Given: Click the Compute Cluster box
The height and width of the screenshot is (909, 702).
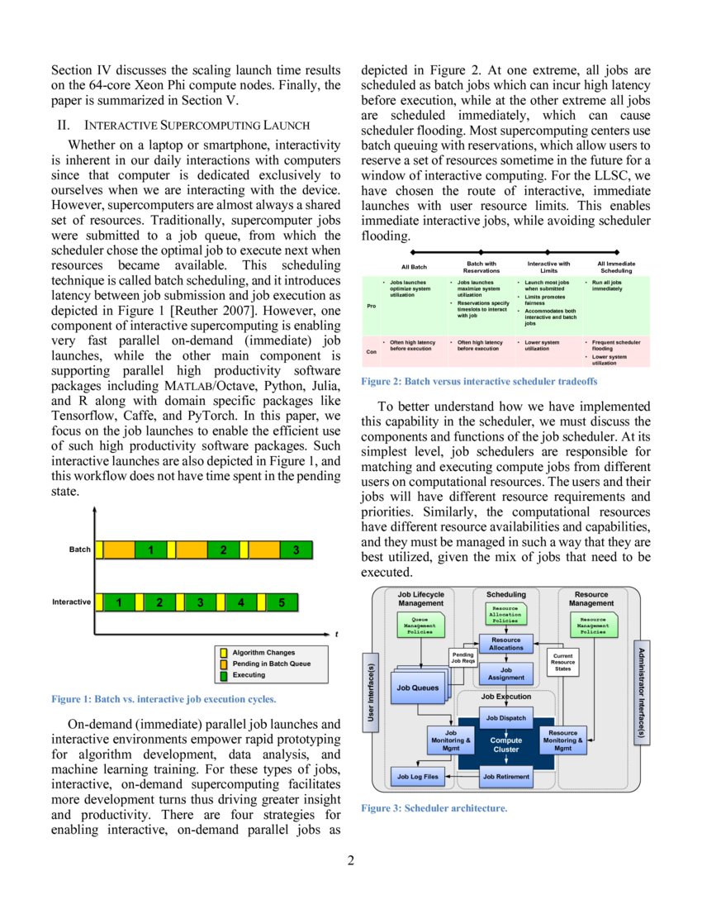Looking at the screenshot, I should click(505, 745).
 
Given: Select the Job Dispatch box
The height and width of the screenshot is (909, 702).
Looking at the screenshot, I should click(505, 718).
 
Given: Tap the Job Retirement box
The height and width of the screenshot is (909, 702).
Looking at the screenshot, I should click(505, 777).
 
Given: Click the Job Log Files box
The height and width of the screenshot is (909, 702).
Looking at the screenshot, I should click(418, 777).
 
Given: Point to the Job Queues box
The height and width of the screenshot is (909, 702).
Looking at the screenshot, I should click(419, 688).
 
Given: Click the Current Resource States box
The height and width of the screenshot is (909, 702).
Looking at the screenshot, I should click(562, 662).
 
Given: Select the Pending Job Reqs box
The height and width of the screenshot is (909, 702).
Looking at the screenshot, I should click(462, 658).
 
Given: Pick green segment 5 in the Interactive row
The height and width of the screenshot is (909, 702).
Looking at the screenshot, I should click(281, 602).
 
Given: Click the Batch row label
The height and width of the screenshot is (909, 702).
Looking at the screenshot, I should click(80, 550).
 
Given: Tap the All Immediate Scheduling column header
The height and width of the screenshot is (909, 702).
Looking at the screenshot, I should click(615, 267).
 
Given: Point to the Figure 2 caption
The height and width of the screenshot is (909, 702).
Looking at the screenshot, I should click(479, 382).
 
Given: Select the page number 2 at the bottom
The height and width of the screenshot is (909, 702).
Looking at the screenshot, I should click(350, 861).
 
